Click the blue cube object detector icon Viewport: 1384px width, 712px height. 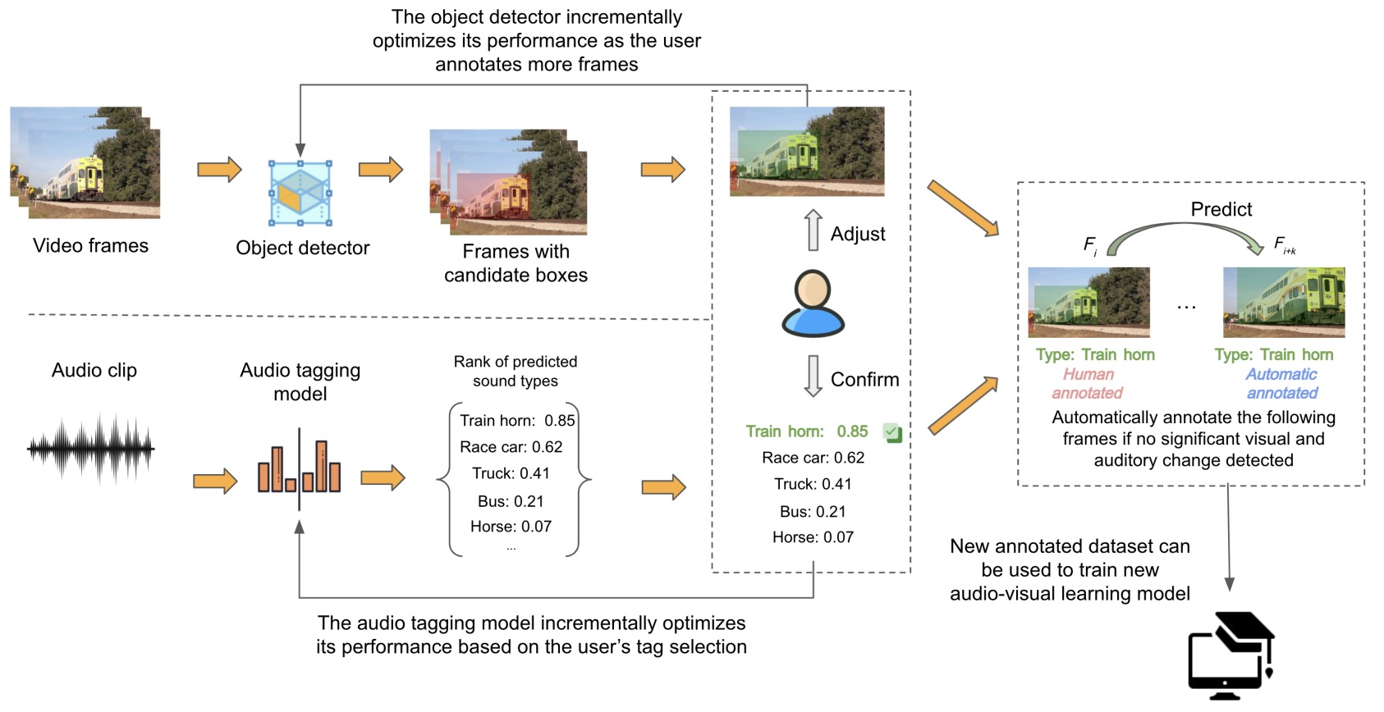tap(300, 194)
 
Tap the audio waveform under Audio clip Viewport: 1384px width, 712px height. tap(91, 449)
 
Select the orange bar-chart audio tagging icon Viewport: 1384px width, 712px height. tap(300, 468)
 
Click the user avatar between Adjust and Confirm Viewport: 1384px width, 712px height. tap(813, 304)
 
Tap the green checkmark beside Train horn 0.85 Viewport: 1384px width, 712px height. tap(892, 432)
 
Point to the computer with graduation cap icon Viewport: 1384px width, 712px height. tap(1230, 655)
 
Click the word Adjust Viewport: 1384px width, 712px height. tap(858, 234)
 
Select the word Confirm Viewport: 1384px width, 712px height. tap(864, 379)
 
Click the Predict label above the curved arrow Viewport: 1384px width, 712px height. tap(1221, 209)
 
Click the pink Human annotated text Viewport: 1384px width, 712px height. tap(1088, 384)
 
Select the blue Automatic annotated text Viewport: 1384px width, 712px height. tap(1281, 384)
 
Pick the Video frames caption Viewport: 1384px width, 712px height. tap(91, 246)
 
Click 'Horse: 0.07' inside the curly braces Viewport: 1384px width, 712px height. tap(511, 527)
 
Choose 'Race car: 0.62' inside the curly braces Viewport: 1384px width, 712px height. tap(511, 447)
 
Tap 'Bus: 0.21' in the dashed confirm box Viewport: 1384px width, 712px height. tap(813, 511)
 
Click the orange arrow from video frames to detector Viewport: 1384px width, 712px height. tap(219, 169)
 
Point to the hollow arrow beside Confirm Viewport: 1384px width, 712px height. tap(813, 376)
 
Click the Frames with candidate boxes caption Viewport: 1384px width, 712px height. tap(516, 263)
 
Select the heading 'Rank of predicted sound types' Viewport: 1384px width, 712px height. tap(516, 371)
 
